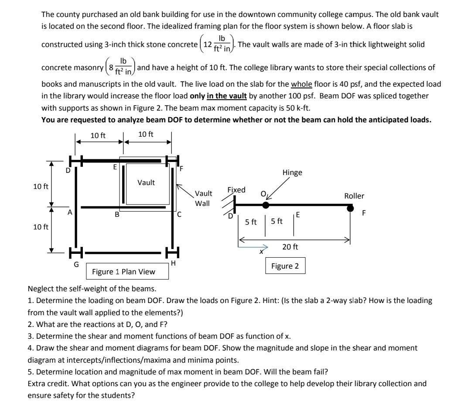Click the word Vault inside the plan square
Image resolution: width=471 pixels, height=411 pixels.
pos(146,183)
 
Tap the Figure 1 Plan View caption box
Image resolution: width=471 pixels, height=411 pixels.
pos(127,272)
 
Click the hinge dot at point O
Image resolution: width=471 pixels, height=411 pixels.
pos(266,205)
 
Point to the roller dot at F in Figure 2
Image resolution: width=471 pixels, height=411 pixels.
pos(350,209)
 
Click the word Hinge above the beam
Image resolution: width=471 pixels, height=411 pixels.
pos(292,172)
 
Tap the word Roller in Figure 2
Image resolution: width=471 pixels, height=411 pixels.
pos(354,196)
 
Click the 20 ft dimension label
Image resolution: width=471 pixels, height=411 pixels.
pos(290,247)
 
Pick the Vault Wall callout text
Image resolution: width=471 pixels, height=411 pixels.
pos(203,198)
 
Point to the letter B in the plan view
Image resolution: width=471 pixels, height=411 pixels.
pos(116,214)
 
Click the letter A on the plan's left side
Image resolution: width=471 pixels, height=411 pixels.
pos(69,213)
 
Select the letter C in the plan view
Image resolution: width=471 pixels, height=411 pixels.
pos(179,214)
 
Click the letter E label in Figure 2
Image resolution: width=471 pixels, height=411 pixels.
pos(297,214)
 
